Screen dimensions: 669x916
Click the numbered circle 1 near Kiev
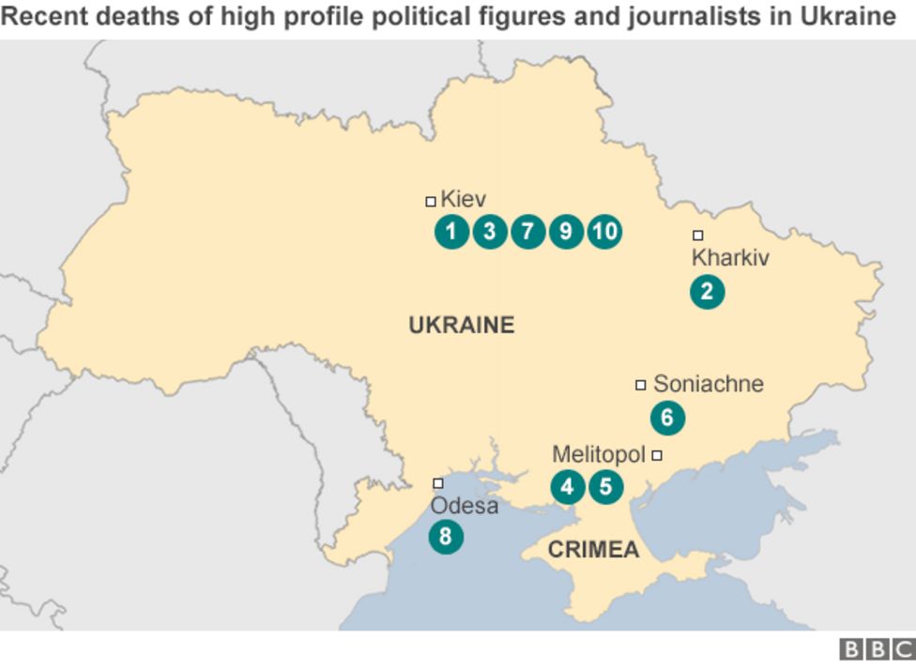451,231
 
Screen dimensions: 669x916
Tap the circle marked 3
489,231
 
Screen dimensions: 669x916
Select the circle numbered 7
527,231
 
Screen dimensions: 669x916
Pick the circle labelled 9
566,231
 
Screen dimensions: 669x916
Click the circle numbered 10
604,231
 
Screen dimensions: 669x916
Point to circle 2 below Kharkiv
707,292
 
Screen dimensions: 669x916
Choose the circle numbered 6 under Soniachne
667,418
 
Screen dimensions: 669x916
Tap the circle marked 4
567,487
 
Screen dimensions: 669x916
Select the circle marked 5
605,487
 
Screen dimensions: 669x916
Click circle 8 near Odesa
446,537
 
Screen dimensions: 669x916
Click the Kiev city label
463,199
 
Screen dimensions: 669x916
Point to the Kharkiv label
729,258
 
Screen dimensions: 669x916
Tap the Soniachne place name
708,384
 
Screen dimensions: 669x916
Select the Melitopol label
599,455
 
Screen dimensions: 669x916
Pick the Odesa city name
464,507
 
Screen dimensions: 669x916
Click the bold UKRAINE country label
462,326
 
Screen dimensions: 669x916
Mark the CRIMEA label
593,550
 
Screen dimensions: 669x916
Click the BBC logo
876,649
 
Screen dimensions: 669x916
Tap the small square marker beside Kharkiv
697,236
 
